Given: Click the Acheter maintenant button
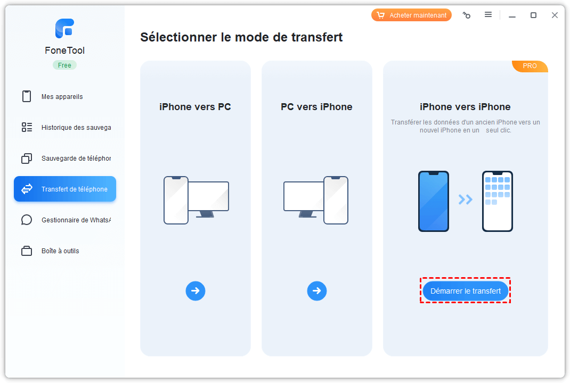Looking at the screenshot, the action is [411, 15].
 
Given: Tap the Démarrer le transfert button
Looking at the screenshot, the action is [465, 291].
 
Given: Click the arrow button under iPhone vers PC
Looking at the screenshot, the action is [196, 291].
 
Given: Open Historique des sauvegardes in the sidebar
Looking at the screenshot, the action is [66, 128].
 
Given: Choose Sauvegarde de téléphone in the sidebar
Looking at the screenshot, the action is [66, 159].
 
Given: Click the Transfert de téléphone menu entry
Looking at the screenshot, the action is [65, 189].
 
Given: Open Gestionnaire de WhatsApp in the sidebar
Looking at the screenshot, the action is [66, 220].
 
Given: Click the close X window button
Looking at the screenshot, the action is [555, 15].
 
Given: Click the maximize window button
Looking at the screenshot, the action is [533, 15].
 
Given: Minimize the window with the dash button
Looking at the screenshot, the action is [512, 16].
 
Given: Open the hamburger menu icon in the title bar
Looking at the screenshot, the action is [488, 14].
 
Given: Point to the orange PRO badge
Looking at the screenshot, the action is [530, 66].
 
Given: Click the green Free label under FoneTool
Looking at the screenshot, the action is [64, 65].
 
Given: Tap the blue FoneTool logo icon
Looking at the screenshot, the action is [64, 28].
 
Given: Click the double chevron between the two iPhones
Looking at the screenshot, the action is [465, 199].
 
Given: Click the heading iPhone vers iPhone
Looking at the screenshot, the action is [465, 107].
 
